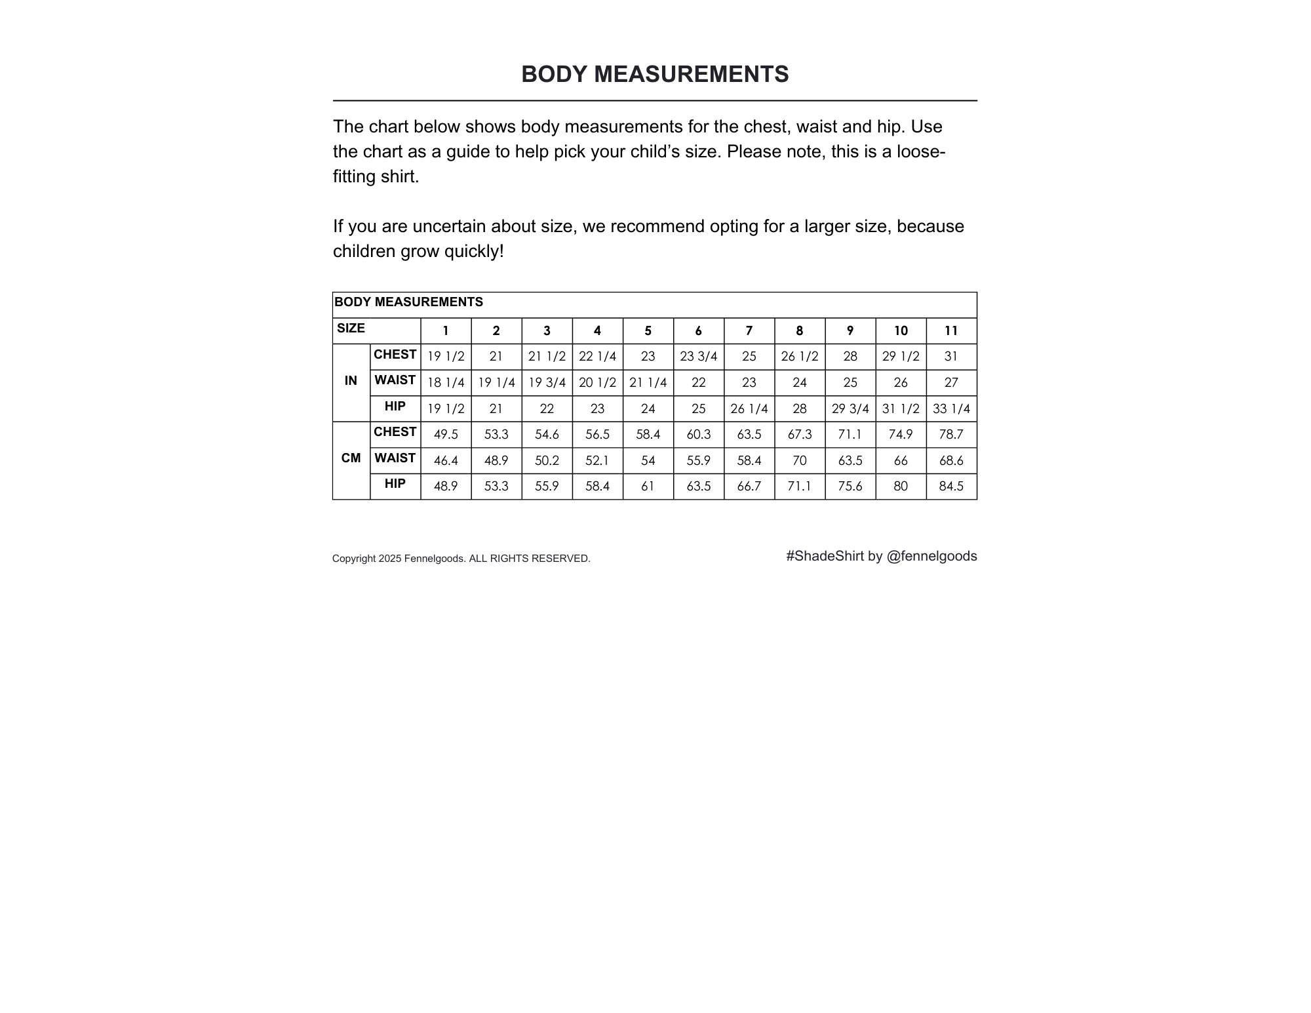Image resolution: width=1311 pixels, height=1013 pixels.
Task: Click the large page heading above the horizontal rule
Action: point(655,75)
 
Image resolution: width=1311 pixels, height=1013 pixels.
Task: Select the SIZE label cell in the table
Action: point(351,328)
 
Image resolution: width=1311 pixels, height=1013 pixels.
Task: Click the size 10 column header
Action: point(901,331)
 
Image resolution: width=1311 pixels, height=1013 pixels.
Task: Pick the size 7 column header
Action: point(749,331)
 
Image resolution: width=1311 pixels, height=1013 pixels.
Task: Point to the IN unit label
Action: point(351,381)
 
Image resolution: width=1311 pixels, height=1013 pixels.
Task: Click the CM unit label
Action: point(351,458)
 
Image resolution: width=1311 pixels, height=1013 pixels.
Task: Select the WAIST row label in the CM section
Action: point(395,458)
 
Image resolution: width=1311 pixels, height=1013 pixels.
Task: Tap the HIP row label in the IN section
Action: point(395,407)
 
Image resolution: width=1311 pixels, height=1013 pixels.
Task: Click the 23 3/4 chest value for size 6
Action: point(698,357)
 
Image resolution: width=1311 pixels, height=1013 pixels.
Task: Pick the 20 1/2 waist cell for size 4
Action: point(597,383)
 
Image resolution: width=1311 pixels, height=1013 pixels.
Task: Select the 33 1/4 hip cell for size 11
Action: point(951,409)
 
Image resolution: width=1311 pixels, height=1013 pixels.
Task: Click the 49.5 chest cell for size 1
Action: point(446,435)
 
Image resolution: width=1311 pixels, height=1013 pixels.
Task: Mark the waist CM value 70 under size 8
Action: point(799,461)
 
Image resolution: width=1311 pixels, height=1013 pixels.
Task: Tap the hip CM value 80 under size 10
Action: point(901,487)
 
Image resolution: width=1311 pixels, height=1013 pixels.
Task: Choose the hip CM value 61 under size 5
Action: point(648,487)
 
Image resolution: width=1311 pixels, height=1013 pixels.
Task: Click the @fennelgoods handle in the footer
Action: point(931,557)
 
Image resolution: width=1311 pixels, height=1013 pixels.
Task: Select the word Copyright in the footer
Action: point(354,559)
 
